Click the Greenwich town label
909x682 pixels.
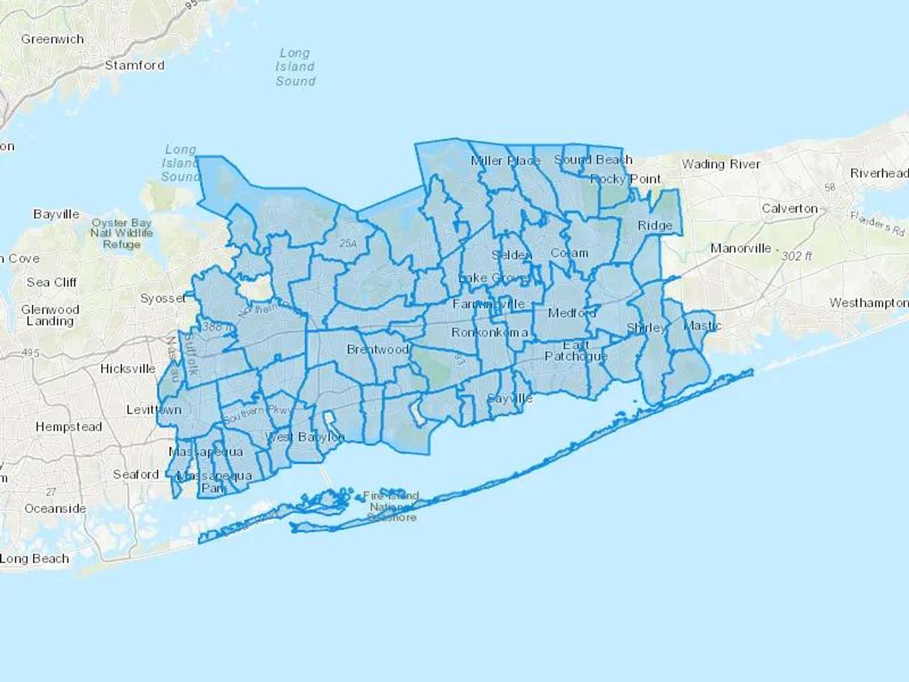coord(53,39)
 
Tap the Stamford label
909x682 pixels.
coord(134,65)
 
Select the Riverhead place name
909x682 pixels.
coord(879,173)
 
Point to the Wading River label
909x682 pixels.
coord(721,164)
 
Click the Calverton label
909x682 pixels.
coord(789,209)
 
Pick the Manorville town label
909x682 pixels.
coord(740,249)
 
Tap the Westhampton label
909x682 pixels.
coord(869,303)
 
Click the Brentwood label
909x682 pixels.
coord(378,350)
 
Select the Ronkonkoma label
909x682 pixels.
coord(489,332)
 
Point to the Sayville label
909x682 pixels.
coord(510,398)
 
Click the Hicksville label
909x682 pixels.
coord(128,369)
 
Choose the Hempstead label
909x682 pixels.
coord(69,427)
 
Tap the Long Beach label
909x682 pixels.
coord(34,559)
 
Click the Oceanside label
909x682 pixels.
coord(55,509)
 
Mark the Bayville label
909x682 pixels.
coord(56,214)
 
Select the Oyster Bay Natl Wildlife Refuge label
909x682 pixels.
coord(122,233)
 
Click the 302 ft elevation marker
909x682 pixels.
coord(796,256)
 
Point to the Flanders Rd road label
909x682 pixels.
coord(877,223)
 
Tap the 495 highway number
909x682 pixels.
coord(30,353)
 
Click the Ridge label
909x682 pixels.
coord(654,226)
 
